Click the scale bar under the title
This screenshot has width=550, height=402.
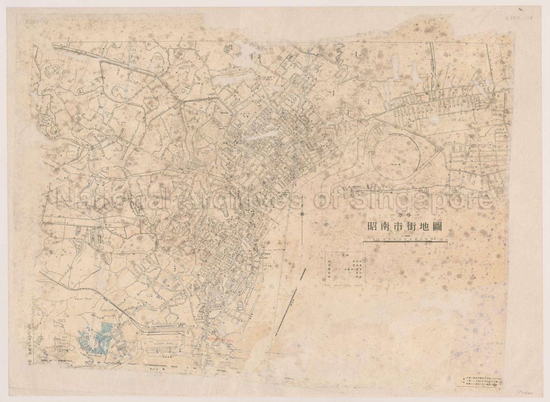405,243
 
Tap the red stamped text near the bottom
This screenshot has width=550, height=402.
219,338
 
